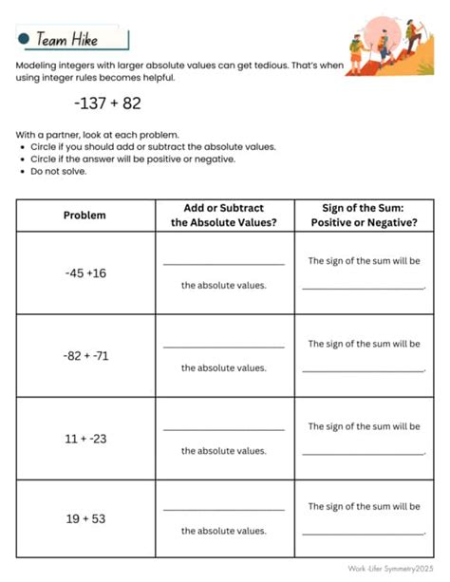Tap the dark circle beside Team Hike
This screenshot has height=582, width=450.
24,40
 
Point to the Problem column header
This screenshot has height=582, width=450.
85,215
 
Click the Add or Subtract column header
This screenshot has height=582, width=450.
224,215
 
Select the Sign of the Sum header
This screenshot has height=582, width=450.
364,215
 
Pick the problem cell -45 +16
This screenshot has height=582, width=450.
85,272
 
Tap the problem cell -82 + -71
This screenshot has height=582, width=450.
85,356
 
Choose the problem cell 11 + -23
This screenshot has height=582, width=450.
85,439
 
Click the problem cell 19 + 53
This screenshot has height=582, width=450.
85,519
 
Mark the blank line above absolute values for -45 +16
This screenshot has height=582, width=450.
224,263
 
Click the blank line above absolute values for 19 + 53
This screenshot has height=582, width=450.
224,510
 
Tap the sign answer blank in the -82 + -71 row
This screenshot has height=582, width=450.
363,369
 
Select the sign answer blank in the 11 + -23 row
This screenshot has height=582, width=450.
363,452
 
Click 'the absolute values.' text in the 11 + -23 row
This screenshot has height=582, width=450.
224,450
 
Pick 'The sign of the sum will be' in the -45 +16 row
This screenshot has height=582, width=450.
364,261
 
